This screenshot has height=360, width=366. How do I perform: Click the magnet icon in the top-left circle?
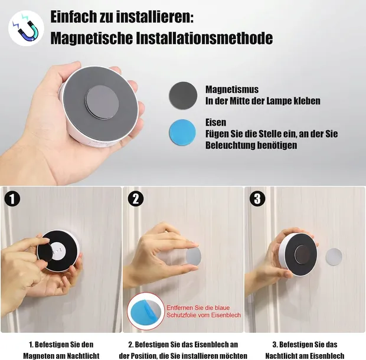pos(25,28)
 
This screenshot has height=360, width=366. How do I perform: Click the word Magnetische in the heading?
pos(87,39)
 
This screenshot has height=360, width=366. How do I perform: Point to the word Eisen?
pos(216,123)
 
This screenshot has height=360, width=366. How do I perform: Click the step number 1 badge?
pos(13,198)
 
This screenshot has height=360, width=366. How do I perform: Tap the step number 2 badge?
pos(135,198)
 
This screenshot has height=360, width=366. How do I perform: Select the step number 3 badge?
pos(257,198)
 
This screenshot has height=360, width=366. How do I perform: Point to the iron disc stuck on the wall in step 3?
pos(334,258)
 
